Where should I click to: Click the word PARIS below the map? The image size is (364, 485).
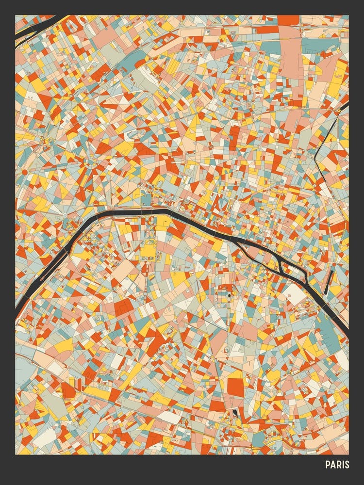tap(337, 465)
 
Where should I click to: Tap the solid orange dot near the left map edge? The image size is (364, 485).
tap(24, 172)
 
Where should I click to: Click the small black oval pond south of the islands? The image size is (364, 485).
tap(229, 294)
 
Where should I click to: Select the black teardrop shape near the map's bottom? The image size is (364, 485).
tap(235, 413)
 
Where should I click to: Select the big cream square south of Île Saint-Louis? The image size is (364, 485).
tap(296, 293)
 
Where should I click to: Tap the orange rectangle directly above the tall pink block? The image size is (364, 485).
tap(288, 20)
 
